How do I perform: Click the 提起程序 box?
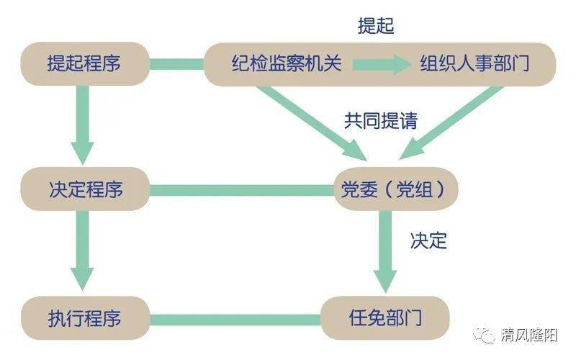pos(85,64)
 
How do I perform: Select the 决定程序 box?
pos(85,189)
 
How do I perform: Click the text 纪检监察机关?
pos(287,63)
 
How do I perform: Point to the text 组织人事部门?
pos(474,63)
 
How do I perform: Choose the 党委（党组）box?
pos(395,189)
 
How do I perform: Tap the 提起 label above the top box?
pos(376,26)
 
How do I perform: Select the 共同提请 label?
pos(381,120)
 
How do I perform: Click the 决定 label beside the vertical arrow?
pos(428,241)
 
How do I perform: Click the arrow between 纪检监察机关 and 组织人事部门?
pos(382,64)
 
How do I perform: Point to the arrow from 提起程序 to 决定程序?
pos(82,125)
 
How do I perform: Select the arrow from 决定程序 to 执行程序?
pos(82,251)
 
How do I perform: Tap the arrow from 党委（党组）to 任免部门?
pos(385,252)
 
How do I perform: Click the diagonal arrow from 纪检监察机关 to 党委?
pos(312,122)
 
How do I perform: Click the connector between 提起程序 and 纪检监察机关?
pos(177,64)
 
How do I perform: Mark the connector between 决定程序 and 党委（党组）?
pos(241,190)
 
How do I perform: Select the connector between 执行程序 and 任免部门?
pos(235,320)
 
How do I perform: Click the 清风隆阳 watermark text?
pos(529,335)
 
